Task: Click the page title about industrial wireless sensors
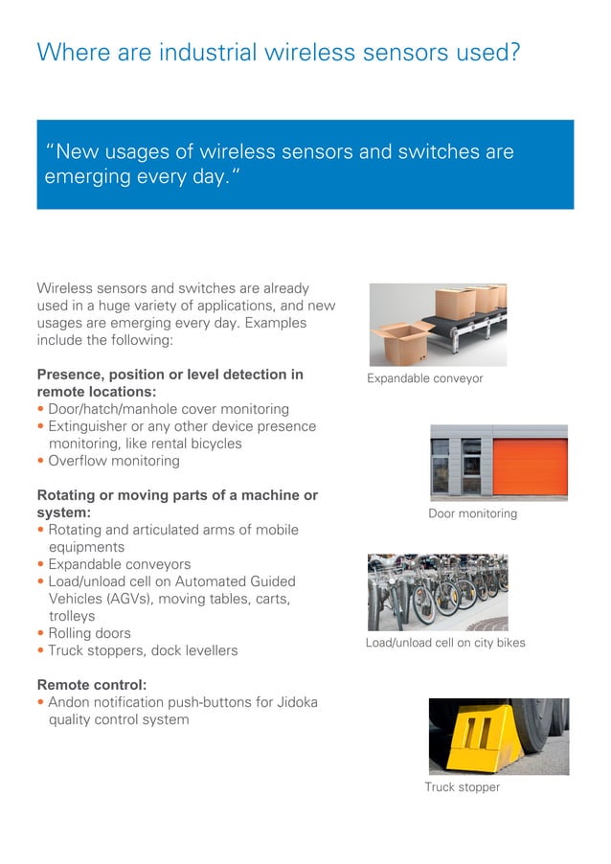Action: tap(278, 52)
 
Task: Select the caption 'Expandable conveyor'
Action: tap(424, 378)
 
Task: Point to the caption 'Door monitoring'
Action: tap(472, 513)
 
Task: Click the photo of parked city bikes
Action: tap(438, 591)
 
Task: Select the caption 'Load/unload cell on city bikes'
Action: tap(445, 642)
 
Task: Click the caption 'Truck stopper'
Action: tap(462, 787)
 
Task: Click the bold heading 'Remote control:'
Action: tap(92, 685)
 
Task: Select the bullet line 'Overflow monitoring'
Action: tap(113, 461)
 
